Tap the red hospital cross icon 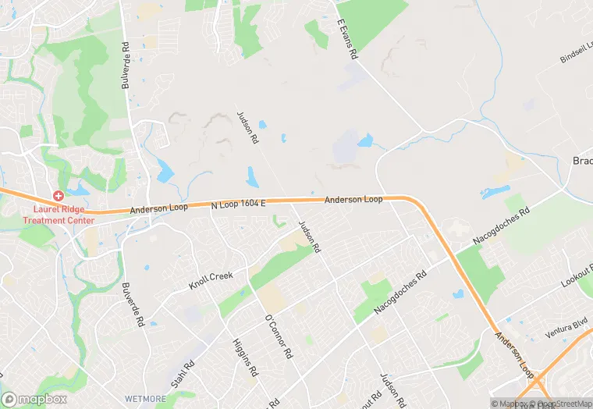pos(59,194)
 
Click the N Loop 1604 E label pos(238,204)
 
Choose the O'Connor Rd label pos(279,336)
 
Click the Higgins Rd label pos(245,357)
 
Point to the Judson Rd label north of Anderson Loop pos(247,127)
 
